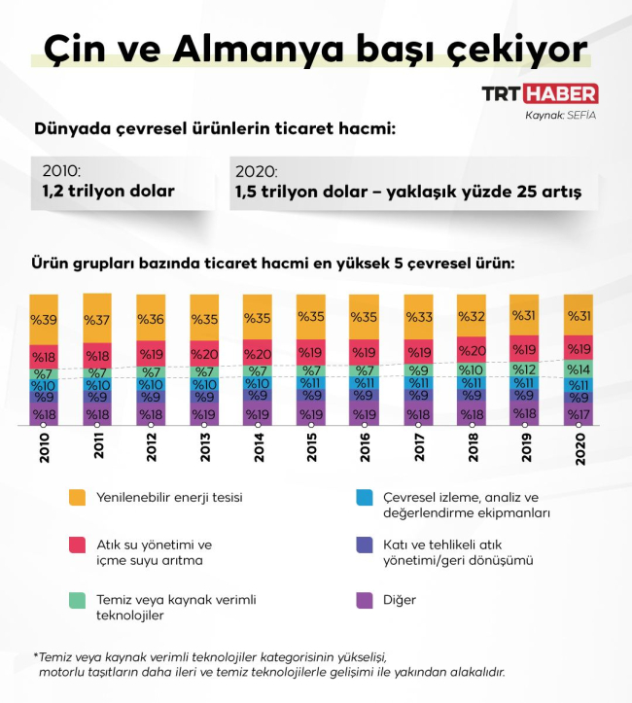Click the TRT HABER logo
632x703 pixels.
[540, 94]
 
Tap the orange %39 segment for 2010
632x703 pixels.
[45, 320]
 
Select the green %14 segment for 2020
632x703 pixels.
[578, 369]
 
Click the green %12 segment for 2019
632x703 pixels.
[524, 369]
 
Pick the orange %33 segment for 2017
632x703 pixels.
[418, 317]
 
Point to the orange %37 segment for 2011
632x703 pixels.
[97, 319]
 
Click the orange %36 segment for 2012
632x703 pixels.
[151, 319]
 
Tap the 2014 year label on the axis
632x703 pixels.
[258, 448]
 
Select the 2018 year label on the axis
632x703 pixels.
[471, 448]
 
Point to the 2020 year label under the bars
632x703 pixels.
[578, 448]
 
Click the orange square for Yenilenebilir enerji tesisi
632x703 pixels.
[78, 497]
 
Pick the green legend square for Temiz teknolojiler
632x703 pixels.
[78, 600]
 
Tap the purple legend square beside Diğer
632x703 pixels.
[365, 600]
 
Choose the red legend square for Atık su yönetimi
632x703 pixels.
[78, 545]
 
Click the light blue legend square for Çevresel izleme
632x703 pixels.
[365, 497]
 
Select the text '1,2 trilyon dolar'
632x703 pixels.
[109, 191]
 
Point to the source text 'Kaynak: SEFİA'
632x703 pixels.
[560, 115]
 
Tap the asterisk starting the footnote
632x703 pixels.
[36, 656]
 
